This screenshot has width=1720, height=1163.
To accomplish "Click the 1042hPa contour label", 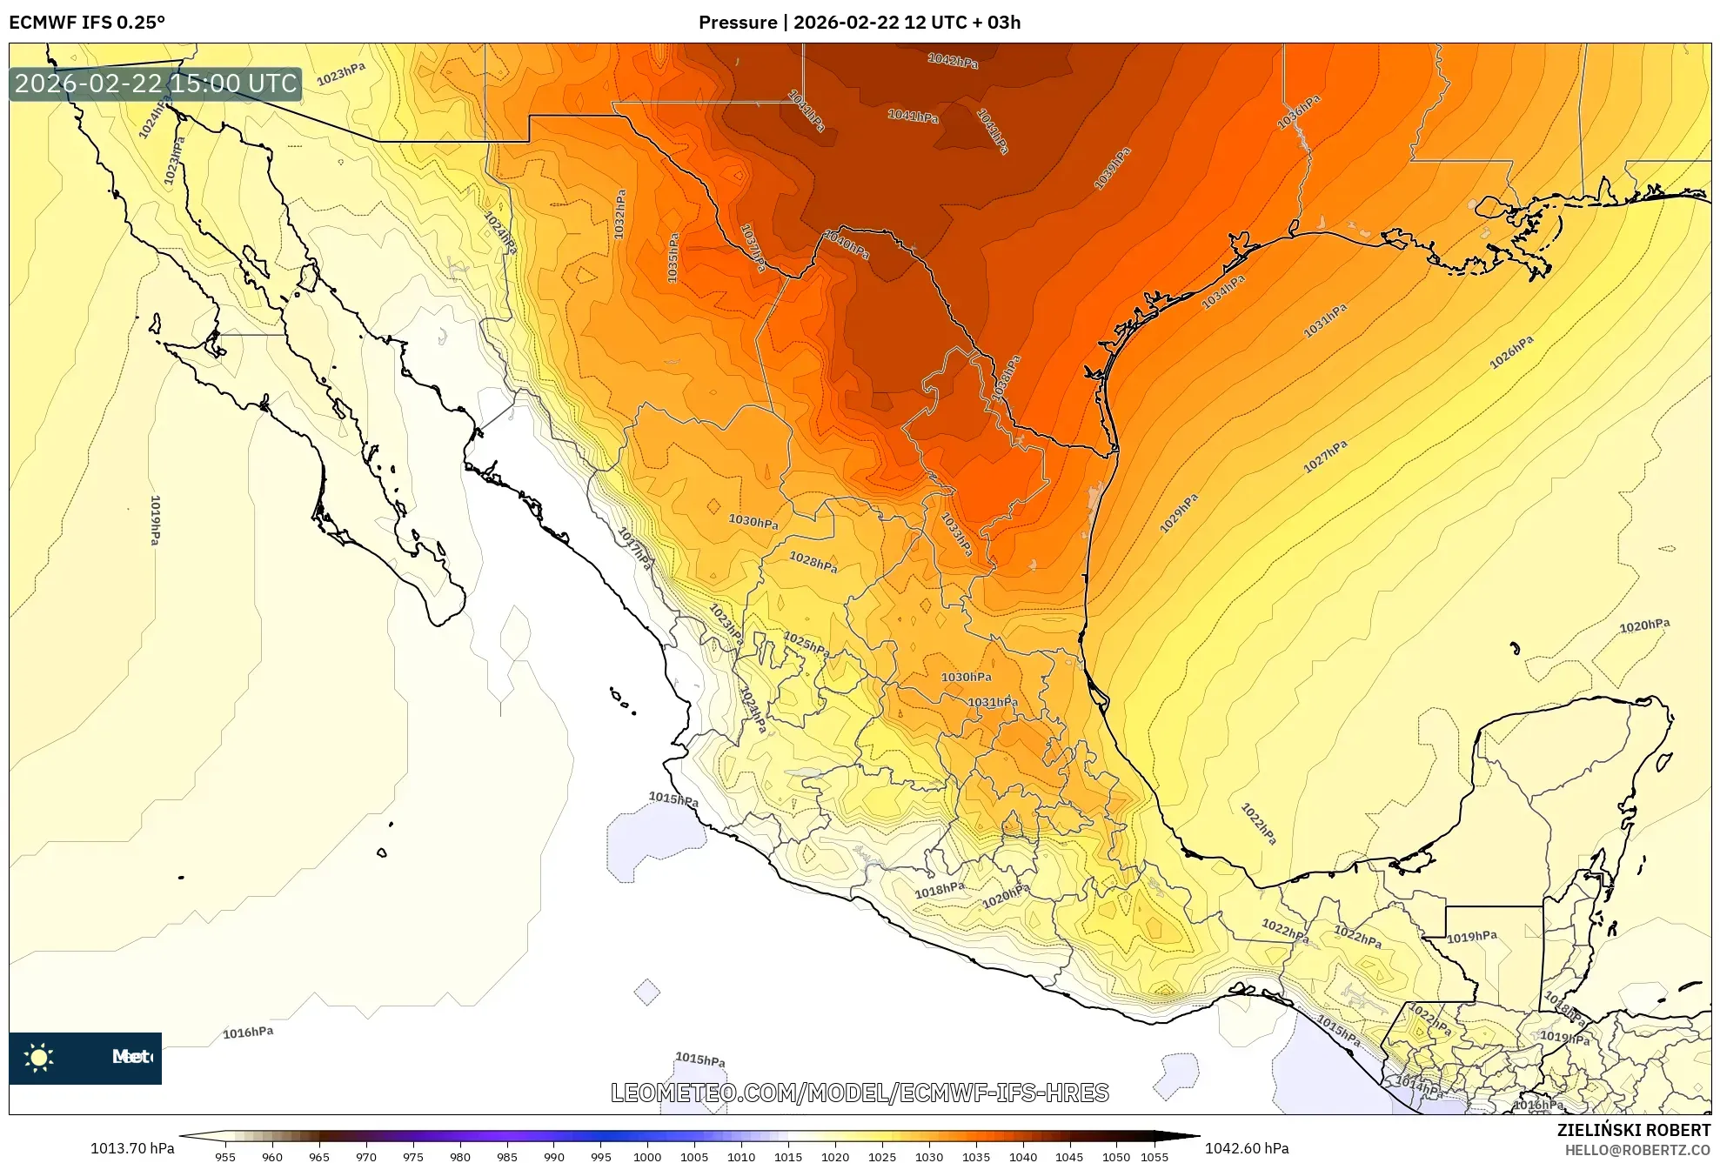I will [x=953, y=60].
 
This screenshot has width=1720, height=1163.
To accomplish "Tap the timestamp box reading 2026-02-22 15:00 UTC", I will [x=156, y=84].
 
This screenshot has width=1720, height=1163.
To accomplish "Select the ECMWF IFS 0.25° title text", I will [x=87, y=23].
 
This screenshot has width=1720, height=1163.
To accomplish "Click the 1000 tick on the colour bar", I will [x=647, y=1156].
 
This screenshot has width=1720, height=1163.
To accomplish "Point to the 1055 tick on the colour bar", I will [x=1154, y=1156].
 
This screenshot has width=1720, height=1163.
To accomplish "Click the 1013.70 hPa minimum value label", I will [x=132, y=1148].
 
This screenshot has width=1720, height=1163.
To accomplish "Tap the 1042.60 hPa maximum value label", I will [x=1247, y=1148].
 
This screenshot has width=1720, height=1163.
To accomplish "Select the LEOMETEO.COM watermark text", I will [x=860, y=1093].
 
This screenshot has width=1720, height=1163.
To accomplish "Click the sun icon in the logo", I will [x=39, y=1057].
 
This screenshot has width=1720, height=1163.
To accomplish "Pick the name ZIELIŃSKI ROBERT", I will [x=1633, y=1130].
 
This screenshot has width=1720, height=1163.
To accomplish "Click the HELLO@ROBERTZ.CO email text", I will [x=1637, y=1150].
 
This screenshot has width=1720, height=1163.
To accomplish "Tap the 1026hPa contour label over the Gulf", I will [x=1511, y=352].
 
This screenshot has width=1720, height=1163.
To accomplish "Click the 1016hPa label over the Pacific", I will [x=248, y=1033].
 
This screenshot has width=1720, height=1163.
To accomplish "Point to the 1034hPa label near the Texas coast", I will [x=1223, y=291].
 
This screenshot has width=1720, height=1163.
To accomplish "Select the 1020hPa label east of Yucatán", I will [x=1644, y=625].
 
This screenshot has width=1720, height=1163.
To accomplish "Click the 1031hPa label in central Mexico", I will [x=993, y=702].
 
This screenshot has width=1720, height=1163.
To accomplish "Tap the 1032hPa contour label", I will [x=619, y=214].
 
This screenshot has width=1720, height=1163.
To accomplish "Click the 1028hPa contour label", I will [x=813, y=562].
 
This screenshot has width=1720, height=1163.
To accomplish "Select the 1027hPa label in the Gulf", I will [x=1325, y=456].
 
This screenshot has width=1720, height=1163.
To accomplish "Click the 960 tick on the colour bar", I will [x=272, y=1156].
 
